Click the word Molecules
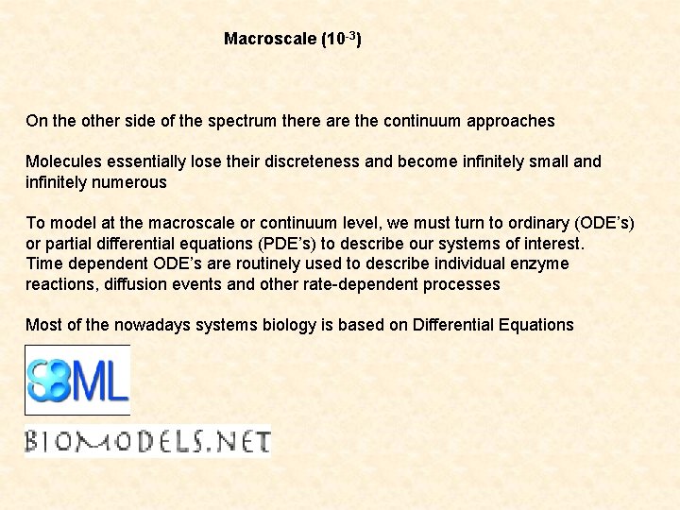click(x=63, y=161)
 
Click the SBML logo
click(x=77, y=380)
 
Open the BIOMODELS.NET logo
click(x=148, y=441)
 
